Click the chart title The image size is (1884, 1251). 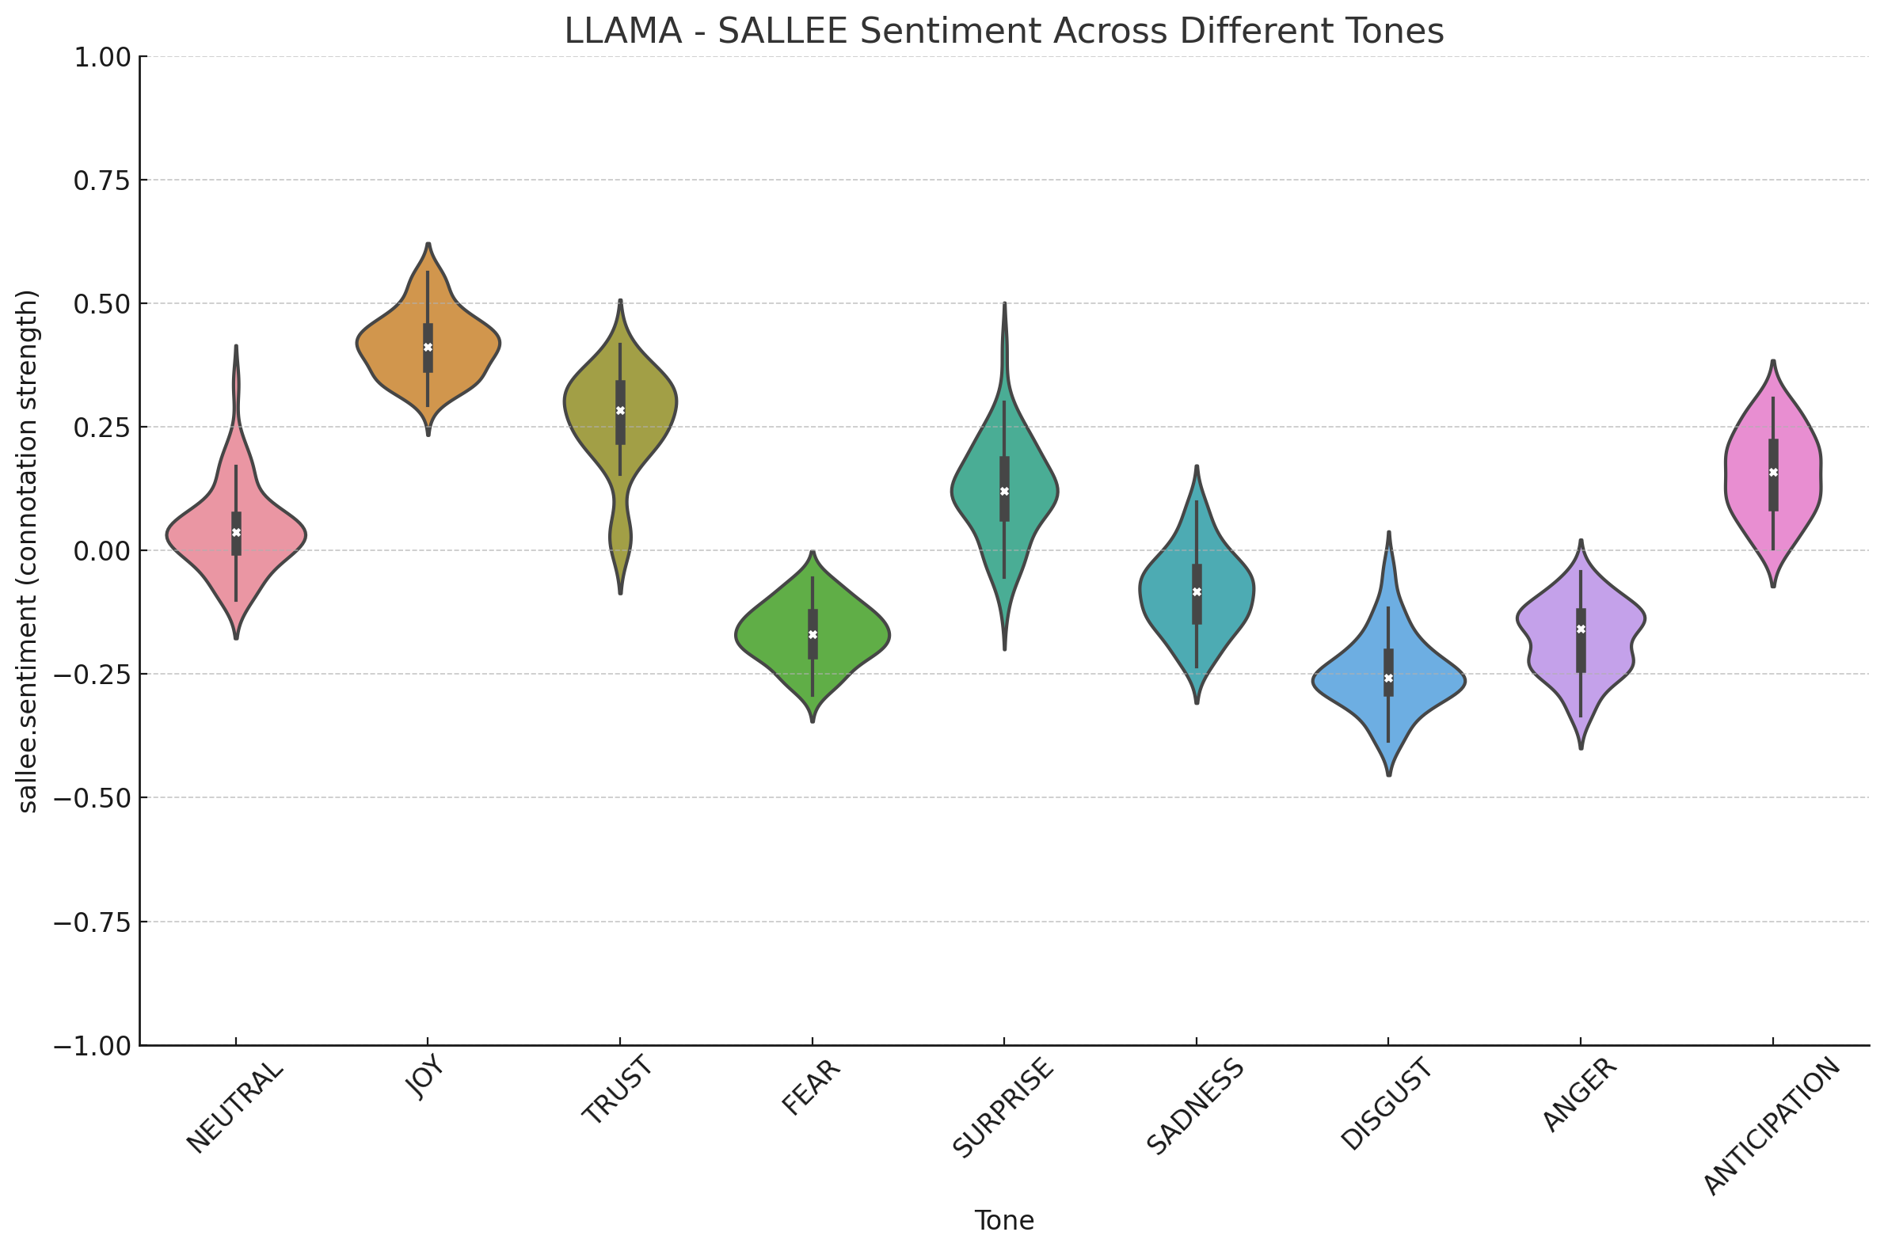point(1003,32)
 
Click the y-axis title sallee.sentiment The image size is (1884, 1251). point(28,551)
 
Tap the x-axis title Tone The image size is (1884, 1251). point(1003,1221)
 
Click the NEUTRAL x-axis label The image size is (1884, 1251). point(234,1107)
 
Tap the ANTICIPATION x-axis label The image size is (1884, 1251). point(1772,1126)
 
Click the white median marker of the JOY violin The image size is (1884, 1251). point(428,347)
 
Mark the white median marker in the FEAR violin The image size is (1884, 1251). point(813,634)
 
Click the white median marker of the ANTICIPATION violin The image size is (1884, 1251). point(1773,473)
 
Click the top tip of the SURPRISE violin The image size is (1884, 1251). point(1004,304)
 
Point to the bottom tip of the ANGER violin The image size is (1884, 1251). point(1581,747)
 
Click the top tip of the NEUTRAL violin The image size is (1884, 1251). point(236,347)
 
